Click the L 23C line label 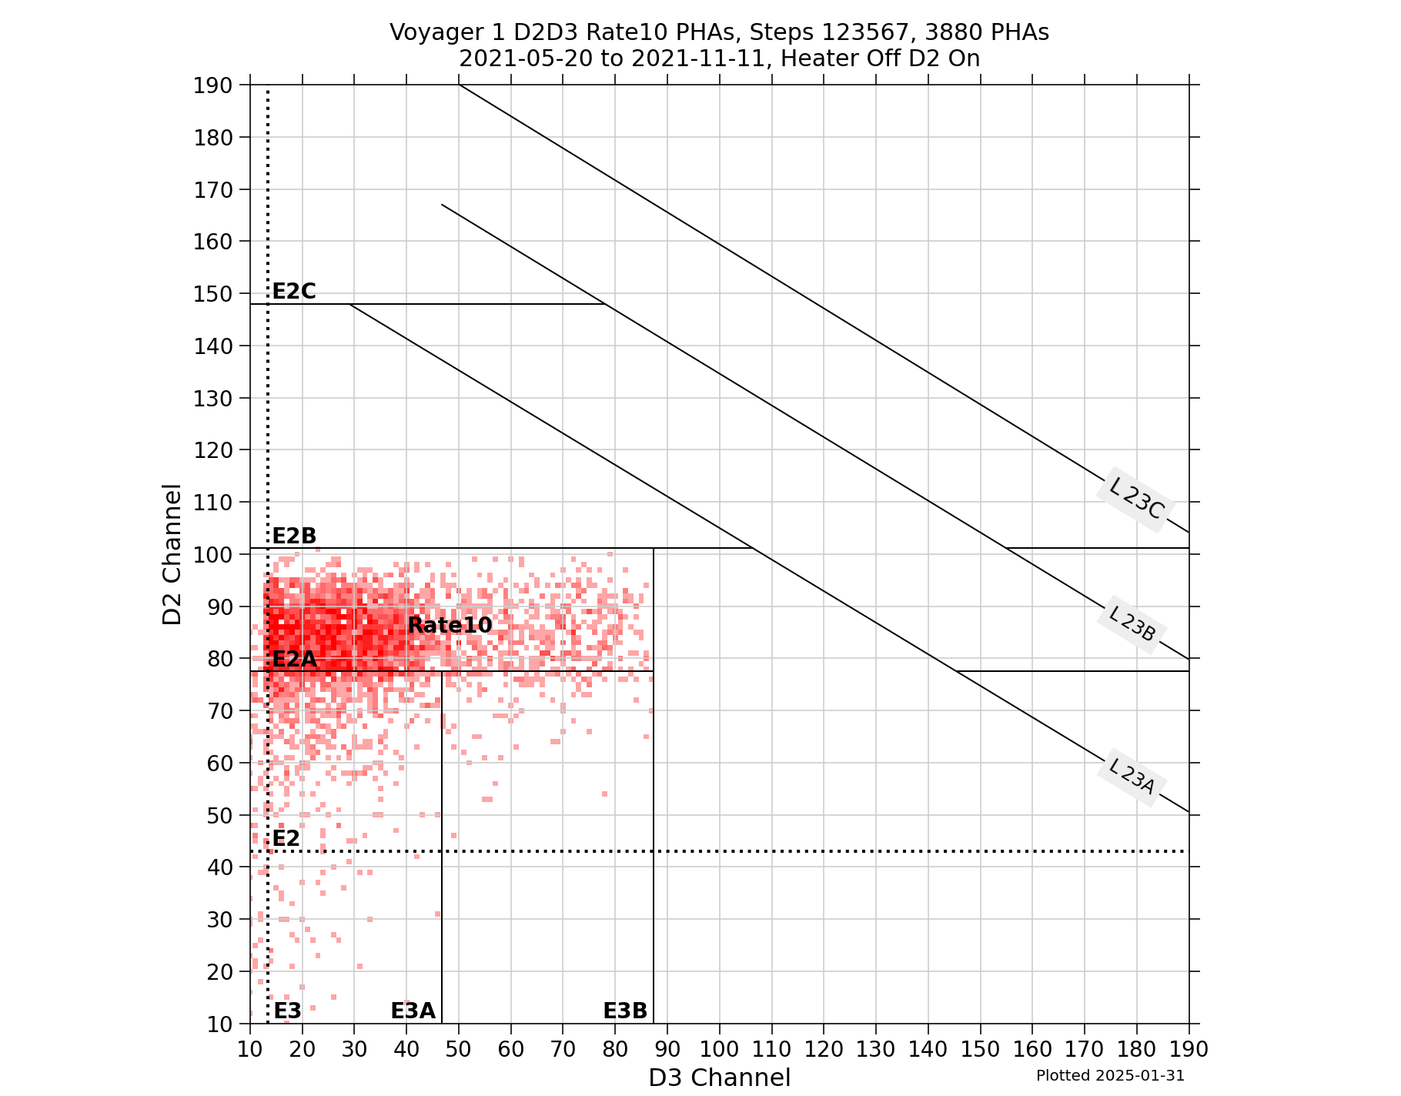(1134, 498)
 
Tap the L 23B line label (1132, 623)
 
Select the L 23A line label (1132, 776)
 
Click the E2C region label (294, 291)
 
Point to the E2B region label (294, 536)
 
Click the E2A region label (294, 660)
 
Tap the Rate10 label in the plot (450, 625)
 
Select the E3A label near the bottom (413, 1011)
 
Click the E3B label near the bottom (624, 1011)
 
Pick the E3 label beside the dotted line (288, 1011)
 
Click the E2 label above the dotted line (286, 838)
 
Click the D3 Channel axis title (719, 1078)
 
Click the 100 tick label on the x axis (719, 1048)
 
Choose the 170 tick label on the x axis (1084, 1048)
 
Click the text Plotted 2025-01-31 (1110, 1075)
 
